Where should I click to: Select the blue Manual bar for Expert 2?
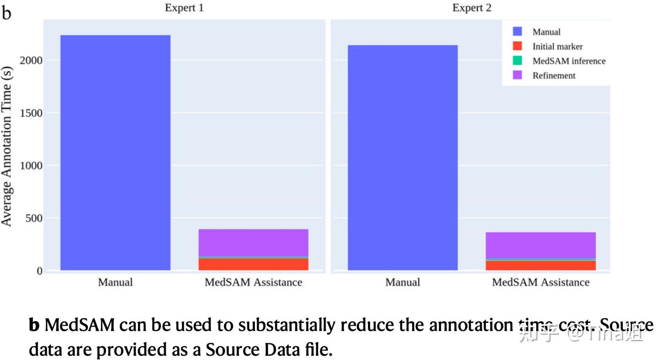(402, 158)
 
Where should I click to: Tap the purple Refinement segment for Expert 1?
(253, 242)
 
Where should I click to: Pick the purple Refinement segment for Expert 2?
(540, 245)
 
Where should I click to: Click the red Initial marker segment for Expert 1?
(253, 264)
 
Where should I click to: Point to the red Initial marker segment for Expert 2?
(540, 265)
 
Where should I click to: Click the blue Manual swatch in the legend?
(517, 32)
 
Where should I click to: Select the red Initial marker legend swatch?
(517, 46)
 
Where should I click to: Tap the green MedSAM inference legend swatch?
(517, 61)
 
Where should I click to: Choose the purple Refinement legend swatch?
(517, 76)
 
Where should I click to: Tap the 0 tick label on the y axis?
(39, 271)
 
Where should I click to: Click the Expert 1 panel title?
(184, 8)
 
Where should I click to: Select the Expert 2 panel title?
(472, 8)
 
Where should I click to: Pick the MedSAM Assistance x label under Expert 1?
(253, 282)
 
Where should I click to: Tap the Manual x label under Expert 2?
(402, 282)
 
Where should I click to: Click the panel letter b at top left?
(6, 13)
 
